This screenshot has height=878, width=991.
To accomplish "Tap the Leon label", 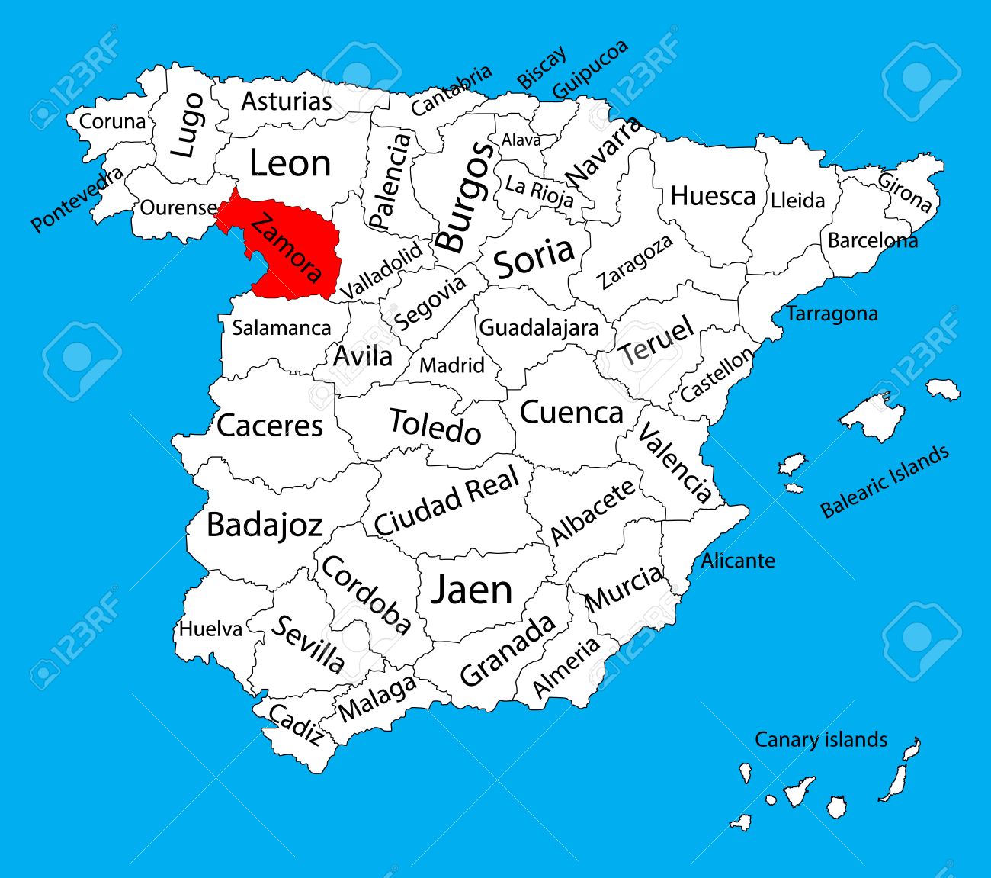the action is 290,163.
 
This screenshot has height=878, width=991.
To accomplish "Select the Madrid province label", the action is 452,365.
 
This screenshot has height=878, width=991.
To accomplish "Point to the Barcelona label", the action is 872,240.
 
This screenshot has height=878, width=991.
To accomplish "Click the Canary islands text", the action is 820,739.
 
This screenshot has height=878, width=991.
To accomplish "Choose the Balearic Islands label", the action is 885,482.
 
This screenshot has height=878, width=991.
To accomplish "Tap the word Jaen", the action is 471,590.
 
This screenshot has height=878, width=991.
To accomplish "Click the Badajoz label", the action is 265,525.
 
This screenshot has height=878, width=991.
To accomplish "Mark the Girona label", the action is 905,191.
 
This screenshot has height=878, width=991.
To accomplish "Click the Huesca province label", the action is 713,196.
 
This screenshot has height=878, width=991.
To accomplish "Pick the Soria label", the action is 534,258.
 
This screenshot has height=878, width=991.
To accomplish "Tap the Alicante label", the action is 738,561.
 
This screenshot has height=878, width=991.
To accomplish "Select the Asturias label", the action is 287,101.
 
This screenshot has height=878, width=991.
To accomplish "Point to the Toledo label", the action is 435,426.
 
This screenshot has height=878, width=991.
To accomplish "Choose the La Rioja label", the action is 539,191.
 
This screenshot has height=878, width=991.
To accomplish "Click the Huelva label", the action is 210,629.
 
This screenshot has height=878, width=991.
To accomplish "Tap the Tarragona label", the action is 832,314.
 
